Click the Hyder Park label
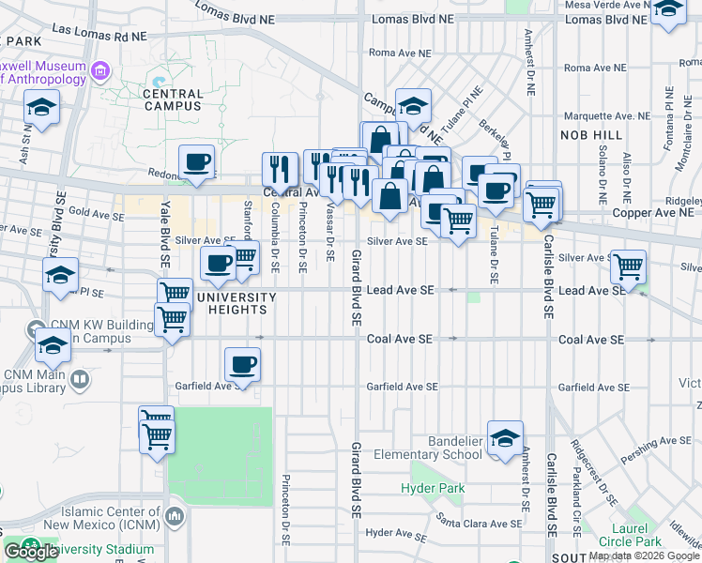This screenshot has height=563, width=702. click(x=433, y=488)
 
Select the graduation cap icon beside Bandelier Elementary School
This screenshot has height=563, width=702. click(x=505, y=438)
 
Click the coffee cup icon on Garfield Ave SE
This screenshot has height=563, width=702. click(x=242, y=364)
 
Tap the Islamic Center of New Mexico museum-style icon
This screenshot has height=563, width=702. click(x=174, y=516)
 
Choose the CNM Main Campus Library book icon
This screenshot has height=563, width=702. click(x=80, y=380)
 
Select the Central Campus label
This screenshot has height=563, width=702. click(x=173, y=99)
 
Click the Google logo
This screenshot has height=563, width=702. click(x=30, y=552)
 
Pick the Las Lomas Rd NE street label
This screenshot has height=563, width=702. click(x=100, y=32)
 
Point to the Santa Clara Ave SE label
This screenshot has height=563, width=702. click(x=479, y=524)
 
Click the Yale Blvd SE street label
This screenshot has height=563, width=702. click(x=164, y=239)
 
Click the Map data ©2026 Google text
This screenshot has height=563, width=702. click(x=643, y=555)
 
